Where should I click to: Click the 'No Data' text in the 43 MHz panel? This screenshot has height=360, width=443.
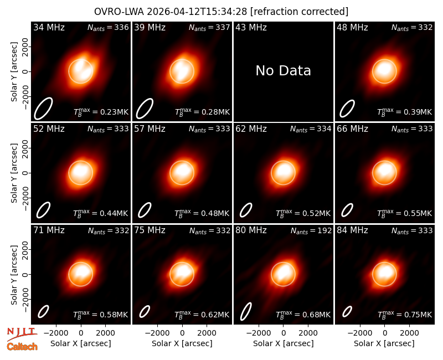tap(283, 70)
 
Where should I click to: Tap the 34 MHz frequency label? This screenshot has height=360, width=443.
tap(49, 27)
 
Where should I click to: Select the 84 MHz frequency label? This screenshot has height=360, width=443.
tap(352, 230)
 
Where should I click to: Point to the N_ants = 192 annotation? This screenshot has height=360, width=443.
tap(311, 231)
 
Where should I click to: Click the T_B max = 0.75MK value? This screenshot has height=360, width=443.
tap(405, 315)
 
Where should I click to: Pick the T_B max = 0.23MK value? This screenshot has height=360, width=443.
tap(101, 112)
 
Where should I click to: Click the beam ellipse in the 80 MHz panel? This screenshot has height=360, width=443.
tap(246, 312)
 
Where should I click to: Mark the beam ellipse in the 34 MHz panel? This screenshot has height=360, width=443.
tap(43, 109)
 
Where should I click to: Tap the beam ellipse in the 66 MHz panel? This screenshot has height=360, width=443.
tap(347, 210)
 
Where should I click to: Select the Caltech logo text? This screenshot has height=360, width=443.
tap(22, 347)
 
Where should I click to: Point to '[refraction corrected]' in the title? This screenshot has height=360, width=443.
tap(299, 12)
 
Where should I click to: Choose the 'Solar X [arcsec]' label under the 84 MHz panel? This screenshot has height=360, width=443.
tap(384, 343)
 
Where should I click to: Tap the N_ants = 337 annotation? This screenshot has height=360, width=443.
tap(209, 28)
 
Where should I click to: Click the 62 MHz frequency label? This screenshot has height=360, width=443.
tap(251, 129)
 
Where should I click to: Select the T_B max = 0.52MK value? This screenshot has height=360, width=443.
tap(303, 213)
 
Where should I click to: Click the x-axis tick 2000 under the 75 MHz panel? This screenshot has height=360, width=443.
tap(207, 333)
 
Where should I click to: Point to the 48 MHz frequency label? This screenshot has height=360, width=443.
tap(352, 27)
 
